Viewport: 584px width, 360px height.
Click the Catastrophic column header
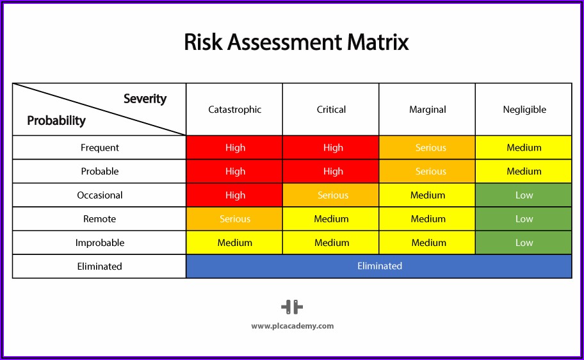(x=234, y=110)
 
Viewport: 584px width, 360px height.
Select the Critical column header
(x=331, y=110)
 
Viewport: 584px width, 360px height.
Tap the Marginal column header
(x=428, y=110)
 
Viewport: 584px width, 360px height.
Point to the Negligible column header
(x=524, y=110)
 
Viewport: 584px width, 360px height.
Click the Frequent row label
(x=100, y=147)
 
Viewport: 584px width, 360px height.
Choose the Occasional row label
(x=100, y=195)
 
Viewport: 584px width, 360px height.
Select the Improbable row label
(x=100, y=243)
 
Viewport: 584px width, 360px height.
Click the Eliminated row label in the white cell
(x=99, y=266)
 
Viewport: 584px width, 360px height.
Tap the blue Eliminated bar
(x=379, y=266)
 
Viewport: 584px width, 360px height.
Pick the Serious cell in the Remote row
(x=234, y=219)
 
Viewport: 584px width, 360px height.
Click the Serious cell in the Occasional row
(x=330, y=195)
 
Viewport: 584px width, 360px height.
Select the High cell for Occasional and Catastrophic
(x=234, y=195)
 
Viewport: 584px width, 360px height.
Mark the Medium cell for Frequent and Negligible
(x=523, y=147)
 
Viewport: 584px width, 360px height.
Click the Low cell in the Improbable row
(x=523, y=243)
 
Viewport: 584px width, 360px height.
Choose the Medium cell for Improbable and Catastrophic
(x=234, y=243)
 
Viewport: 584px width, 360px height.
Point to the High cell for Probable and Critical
(x=330, y=171)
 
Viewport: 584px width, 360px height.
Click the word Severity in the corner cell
(x=145, y=99)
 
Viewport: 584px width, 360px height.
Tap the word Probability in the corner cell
(x=56, y=120)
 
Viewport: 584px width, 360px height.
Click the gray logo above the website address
(x=292, y=307)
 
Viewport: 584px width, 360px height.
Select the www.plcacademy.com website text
(x=293, y=326)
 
